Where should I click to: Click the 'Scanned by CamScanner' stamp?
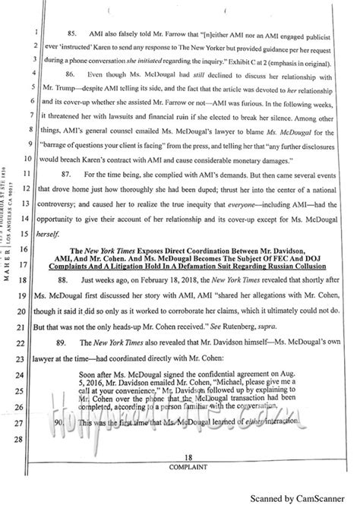[308, 498]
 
